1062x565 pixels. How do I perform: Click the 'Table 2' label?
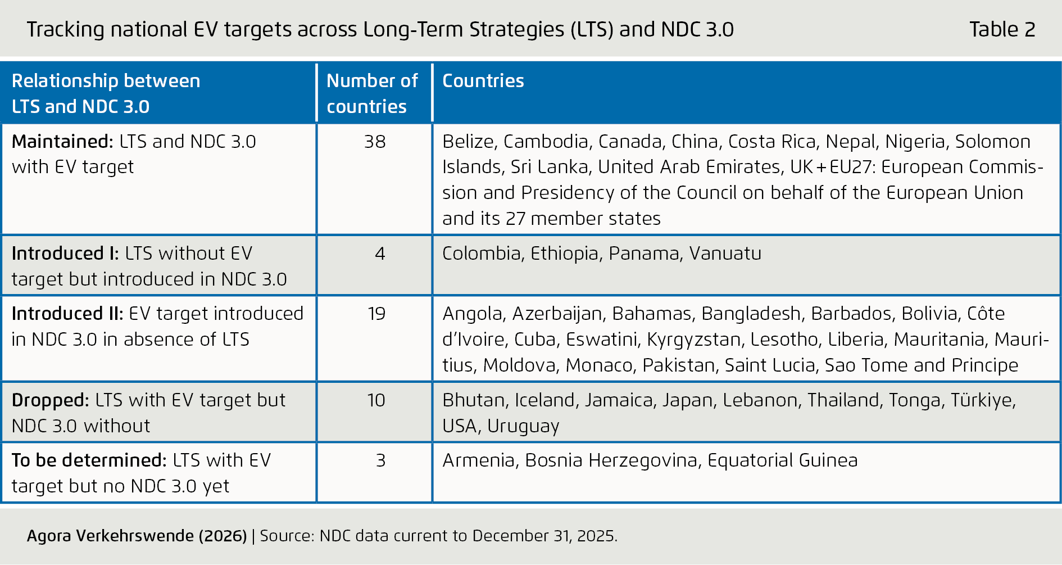(1002, 29)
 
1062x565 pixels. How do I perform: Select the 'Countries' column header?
(483, 81)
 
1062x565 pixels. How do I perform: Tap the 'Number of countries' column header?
(371, 93)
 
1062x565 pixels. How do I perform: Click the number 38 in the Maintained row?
(375, 141)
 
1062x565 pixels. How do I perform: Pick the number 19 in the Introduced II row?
(376, 314)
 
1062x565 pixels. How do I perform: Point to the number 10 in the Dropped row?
(376, 400)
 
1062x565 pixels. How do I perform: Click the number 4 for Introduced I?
(380, 254)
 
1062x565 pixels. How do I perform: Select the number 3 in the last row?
(380, 460)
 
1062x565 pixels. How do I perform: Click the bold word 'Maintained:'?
(62, 141)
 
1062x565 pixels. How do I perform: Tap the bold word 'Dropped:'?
(50, 400)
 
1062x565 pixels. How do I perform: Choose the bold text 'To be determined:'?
(89, 460)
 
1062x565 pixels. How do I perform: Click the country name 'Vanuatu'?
(725, 254)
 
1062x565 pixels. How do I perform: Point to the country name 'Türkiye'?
(983, 400)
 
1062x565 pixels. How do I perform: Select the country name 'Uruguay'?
(523, 426)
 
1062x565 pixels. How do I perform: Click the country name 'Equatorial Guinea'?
(782, 460)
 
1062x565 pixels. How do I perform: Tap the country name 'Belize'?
(468, 141)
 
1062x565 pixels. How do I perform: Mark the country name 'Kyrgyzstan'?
(693, 340)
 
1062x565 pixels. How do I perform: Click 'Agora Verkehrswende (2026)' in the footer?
(137, 536)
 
